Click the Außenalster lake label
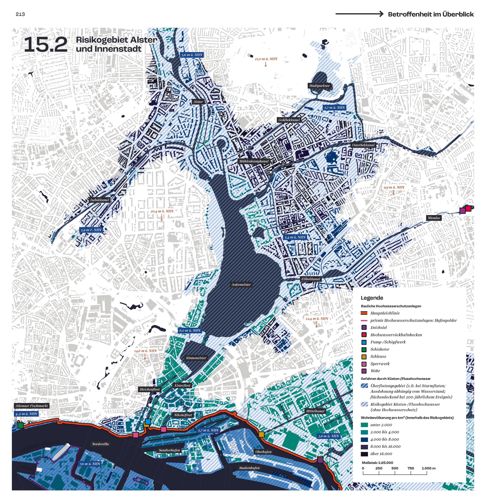tap(241, 285)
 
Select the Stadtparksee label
tap(319, 86)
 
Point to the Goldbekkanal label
tap(289, 120)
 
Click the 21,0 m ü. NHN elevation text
tap(266, 59)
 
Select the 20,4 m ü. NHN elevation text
tap(162, 211)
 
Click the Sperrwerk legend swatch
tap(364, 364)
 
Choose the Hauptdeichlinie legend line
tap(364, 313)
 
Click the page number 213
tap(20, 14)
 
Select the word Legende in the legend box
tap(372, 298)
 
